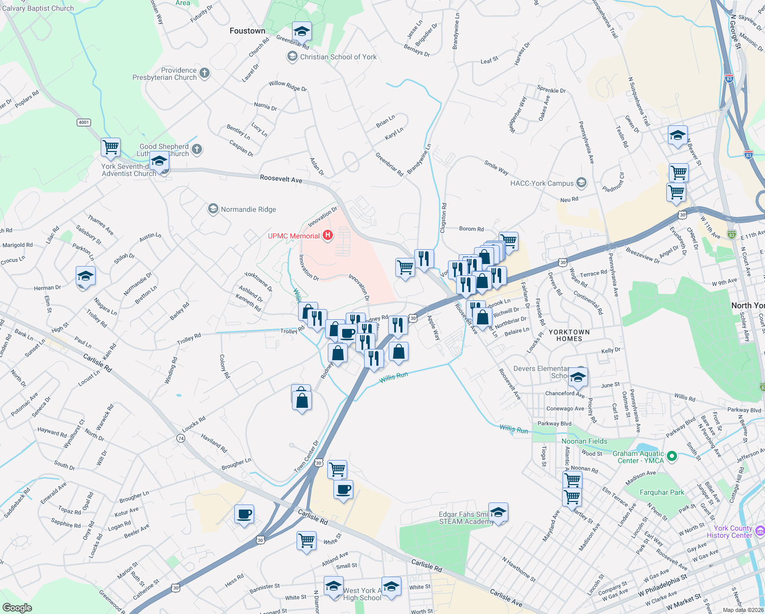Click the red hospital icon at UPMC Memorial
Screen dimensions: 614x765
pos(328,236)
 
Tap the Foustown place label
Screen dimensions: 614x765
pos(247,31)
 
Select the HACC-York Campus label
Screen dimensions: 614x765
pos(542,183)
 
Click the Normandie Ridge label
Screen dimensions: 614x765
pos(248,209)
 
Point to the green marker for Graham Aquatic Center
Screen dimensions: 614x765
pos(672,455)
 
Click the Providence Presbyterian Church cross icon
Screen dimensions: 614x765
pos(205,73)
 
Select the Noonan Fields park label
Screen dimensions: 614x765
pos(584,441)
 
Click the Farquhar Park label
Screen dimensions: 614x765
pos(662,492)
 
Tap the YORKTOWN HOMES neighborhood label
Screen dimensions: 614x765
pos(569,335)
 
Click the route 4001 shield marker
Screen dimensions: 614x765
pos(83,122)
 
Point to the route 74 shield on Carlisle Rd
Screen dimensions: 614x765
pos(181,438)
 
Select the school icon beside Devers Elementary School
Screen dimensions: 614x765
pos(578,378)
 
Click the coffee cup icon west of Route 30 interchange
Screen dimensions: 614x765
pos(244,514)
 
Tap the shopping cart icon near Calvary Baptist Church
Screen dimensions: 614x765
pos(110,147)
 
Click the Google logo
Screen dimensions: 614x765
pos(17,608)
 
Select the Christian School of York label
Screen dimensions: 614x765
pos(338,57)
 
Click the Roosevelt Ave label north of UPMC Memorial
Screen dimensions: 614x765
pos(281,179)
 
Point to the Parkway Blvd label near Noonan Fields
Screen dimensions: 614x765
pos(554,424)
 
